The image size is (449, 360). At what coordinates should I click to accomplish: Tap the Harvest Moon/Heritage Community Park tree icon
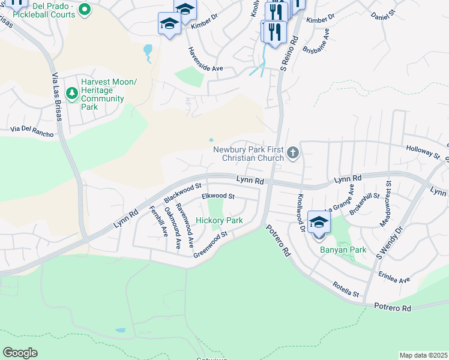click(72, 92)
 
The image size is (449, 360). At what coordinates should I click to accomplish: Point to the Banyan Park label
click(343, 250)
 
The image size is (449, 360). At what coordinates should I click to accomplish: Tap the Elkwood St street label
click(218, 196)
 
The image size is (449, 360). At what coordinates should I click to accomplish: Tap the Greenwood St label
click(211, 245)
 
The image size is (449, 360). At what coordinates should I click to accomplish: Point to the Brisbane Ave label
click(316, 43)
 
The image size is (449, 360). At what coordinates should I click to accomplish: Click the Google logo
click(20, 353)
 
